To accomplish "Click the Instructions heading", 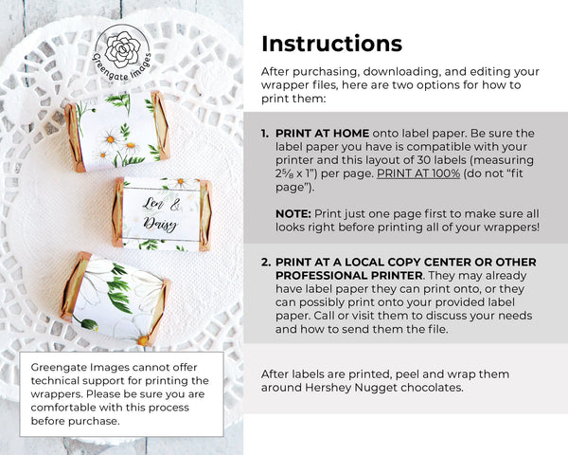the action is (331, 44).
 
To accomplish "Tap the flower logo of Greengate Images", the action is (122, 49).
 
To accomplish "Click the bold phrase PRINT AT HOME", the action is (323, 133).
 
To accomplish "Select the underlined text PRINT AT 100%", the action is (418, 173).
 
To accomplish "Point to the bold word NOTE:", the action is (293, 213).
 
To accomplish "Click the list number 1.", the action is (265, 133).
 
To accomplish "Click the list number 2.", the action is (265, 262).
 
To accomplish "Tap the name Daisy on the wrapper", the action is (160, 225).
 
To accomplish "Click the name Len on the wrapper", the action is (152, 203).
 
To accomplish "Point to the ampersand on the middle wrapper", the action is (175, 206).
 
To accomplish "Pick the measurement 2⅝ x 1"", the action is (296, 173).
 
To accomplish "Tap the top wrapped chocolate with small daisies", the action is (117, 132).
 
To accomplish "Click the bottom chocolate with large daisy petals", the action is (115, 299).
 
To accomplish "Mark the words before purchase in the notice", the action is (75, 421).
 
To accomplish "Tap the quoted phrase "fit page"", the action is (399, 180).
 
